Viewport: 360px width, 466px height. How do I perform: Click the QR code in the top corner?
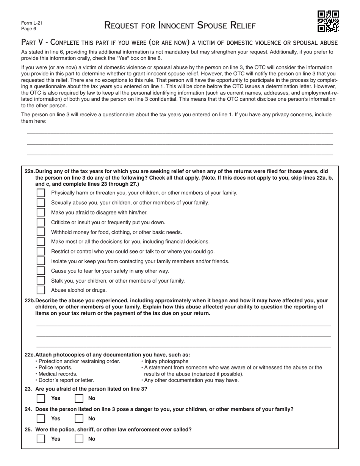pyautogui.click(x=328, y=21)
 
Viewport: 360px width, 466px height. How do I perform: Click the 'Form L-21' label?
pyautogui.click(x=32, y=23)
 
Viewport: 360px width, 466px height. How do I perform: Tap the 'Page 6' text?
pyautogui.click(x=29, y=29)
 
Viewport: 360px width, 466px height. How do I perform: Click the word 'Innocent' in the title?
pyautogui.click(x=175, y=25)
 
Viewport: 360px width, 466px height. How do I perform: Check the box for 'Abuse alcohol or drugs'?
pyautogui.click(x=41, y=290)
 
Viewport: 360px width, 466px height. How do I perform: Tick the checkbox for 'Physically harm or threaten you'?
pyautogui.click(x=41, y=193)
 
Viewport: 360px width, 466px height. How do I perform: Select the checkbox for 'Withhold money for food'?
pyautogui.click(x=41, y=232)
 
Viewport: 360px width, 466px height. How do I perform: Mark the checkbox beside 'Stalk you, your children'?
pyautogui.click(x=41, y=281)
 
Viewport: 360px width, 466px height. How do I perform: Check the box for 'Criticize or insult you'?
pyautogui.click(x=41, y=222)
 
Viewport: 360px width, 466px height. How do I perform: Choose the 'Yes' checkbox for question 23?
pyautogui.click(x=41, y=398)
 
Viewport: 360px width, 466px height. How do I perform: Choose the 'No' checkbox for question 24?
pyautogui.click(x=79, y=419)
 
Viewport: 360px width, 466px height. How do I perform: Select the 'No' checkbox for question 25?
pyautogui.click(x=79, y=439)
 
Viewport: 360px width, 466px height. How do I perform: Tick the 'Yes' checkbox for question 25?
pyautogui.click(x=41, y=439)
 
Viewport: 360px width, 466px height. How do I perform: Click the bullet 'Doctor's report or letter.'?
pyautogui.click(x=65, y=380)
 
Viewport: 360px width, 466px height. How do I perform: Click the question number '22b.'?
pyautogui.click(x=30, y=300)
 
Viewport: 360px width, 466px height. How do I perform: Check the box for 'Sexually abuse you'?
pyautogui.click(x=41, y=203)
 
